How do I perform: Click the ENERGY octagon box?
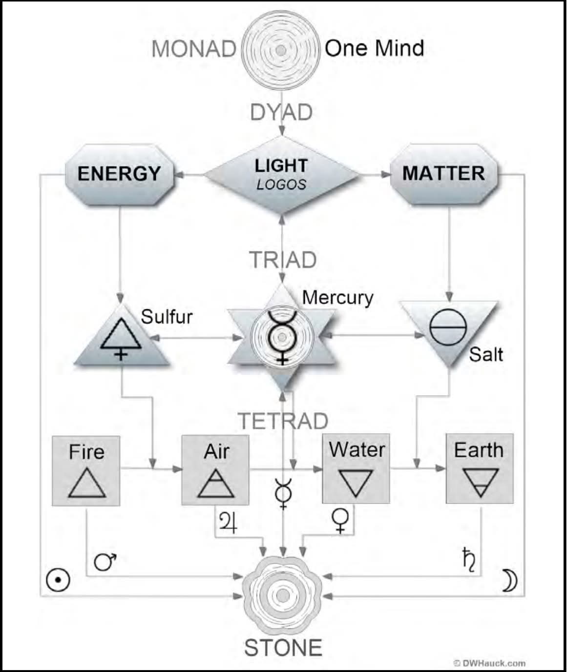click(119, 174)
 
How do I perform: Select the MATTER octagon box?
click(443, 174)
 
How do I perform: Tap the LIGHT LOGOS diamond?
click(281, 174)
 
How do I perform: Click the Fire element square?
click(86, 470)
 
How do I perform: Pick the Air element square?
click(215, 470)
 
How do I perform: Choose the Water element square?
click(356, 468)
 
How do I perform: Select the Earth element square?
click(480, 468)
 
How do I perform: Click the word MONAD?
click(194, 49)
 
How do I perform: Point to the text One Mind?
click(374, 48)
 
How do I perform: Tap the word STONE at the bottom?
click(283, 648)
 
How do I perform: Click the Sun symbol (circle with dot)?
click(58, 580)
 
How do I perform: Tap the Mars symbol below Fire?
click(105, 562)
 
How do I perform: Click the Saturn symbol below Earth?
click(469, 559)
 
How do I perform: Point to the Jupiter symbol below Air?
click(229, 522)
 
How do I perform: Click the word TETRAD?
click(283, 421)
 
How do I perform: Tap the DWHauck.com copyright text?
click(489, 663)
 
